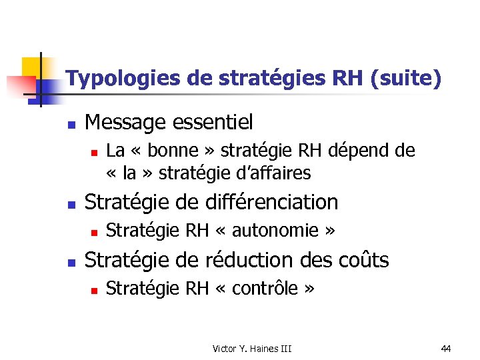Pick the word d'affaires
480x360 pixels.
click(x=273, y=173)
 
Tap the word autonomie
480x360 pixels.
click(x=273, y=231)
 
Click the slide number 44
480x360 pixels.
click(x=446, y=348)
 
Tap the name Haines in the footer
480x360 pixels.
click(x=264, y=348)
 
